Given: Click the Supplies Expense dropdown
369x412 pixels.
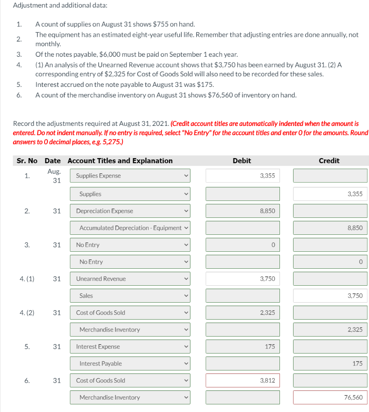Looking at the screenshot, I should click(x=130, y=175).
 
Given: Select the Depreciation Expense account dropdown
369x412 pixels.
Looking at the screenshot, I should click(x=130, y=211).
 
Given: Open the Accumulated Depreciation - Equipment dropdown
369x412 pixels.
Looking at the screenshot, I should click(x=130, y=228).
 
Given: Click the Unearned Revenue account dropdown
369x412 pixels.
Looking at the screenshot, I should click(x=130, y=278).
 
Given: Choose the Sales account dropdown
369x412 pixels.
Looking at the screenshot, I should click(x=130, y=295).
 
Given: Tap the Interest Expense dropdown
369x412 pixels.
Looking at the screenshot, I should click(x=130, y=346).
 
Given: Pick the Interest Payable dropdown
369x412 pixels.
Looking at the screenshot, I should click(x=130, y=363).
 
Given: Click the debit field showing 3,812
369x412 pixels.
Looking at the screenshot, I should click(x=243, y=380).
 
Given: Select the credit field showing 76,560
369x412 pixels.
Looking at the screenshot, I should click(x=330, y=397).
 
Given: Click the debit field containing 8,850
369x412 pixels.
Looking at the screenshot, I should click(x=243, y=211).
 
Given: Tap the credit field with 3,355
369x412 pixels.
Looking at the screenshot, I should click(x=330, y=194).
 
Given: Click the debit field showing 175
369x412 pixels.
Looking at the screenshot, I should click(x=243, y=346).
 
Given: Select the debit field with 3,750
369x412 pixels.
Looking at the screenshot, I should click(x=243, y=278).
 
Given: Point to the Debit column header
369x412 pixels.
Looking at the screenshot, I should click(x=242, y=161).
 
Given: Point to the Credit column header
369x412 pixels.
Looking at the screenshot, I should click(x=329, y=161).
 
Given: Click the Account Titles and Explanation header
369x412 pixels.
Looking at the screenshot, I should click(x=120, y=161).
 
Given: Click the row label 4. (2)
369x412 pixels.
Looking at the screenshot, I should click(x=27, y=312).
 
